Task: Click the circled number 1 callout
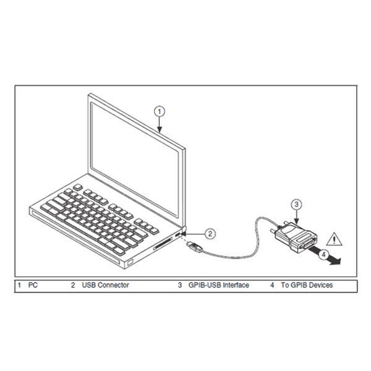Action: click(x=160, y=111)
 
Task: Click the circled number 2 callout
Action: click(x=210, y=233)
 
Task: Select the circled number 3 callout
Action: click(x=296, y=203)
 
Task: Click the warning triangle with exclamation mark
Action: click(x=335, y=237)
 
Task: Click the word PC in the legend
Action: click(x=33, y=285)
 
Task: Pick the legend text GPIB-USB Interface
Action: click(x=218, y=285)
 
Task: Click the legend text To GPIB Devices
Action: click(x=307, y=285)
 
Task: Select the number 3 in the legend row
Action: click(x=180, y=285)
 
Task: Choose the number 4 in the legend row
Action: click(x=271, y=285)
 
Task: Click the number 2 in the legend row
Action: click(x=72, y=285)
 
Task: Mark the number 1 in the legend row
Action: click(x=19, y=285)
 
